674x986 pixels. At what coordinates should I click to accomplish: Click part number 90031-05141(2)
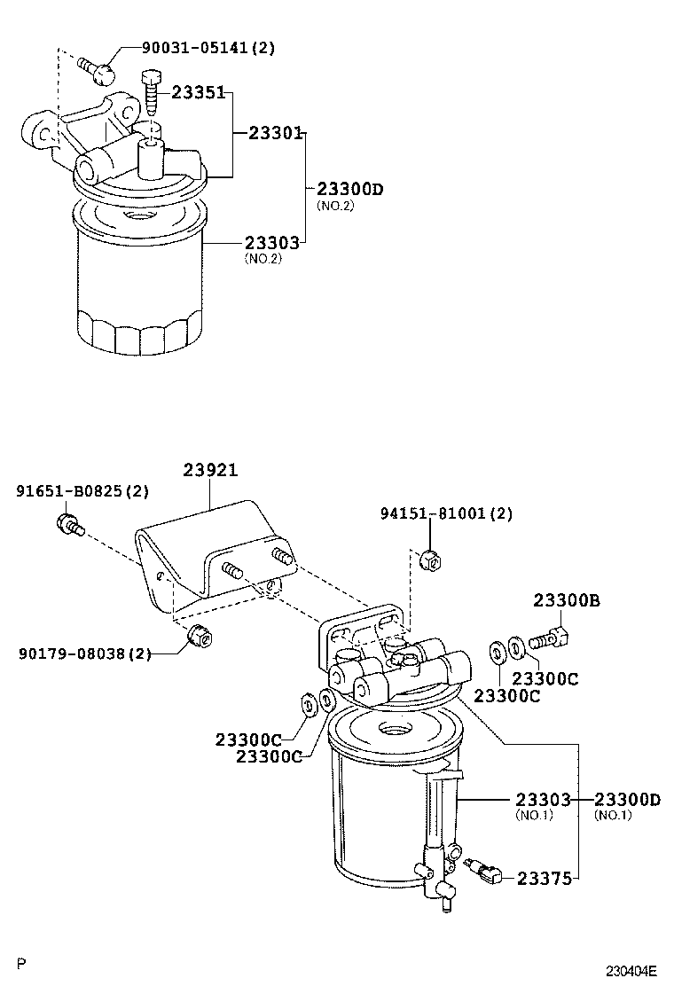point(208,48)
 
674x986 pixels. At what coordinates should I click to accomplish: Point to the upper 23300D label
point(349,189)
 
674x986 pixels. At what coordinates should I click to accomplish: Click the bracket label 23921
point(210,470)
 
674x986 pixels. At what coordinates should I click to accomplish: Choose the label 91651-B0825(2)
point(82,490)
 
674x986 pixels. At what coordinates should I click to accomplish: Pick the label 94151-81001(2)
point(446,513)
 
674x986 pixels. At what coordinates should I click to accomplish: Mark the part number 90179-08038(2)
point(84,654)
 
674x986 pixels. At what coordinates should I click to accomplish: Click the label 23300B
point(567,601)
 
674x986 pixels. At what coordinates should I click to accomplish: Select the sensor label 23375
point(544,878)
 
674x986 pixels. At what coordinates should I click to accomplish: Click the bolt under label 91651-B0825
point(70,525)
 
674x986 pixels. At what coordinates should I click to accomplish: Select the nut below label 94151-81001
point(428,560)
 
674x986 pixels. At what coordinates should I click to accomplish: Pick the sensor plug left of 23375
point(483,872)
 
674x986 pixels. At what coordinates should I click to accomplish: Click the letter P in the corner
point(22,962)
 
